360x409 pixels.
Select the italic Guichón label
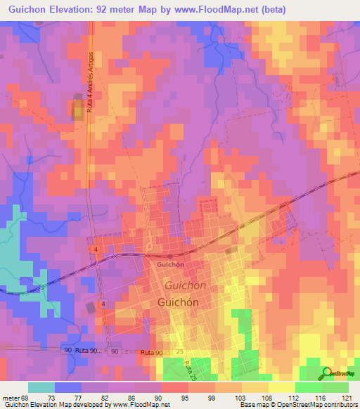186,285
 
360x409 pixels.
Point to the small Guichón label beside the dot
171,265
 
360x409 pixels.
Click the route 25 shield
180,351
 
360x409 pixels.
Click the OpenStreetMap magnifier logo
328,373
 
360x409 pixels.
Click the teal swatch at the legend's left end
41,387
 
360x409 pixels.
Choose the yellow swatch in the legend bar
281,387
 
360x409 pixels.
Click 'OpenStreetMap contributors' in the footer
316,405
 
